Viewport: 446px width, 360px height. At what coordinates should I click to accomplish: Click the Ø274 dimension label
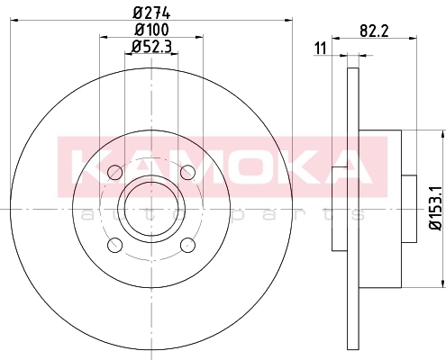point(151,13)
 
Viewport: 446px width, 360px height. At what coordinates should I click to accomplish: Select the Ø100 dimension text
point(151,30)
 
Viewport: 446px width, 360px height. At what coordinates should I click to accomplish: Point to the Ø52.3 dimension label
point(151,47)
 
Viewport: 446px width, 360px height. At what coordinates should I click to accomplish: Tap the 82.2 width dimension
point(374,31)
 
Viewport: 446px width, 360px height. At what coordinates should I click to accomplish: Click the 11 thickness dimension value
point(320,49)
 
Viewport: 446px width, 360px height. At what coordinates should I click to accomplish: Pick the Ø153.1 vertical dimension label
point(436,208)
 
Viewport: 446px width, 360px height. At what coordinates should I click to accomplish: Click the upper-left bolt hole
point(115,173)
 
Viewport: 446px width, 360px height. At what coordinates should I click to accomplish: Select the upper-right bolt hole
point(187,173)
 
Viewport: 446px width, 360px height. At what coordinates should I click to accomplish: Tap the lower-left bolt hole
point(115,245)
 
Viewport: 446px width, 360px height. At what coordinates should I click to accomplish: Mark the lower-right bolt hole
point(187,245)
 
